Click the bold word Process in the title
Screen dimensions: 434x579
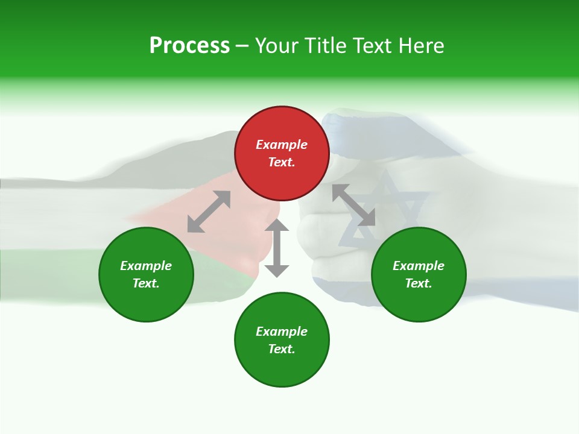coord(189,46)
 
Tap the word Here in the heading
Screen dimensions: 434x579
coord(420,46)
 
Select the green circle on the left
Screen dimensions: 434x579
coord(146,274)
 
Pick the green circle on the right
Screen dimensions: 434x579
coord(419,274)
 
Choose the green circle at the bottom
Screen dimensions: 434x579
coord(282,340)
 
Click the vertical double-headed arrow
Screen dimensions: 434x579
coord(277,248)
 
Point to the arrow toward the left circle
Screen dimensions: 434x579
coord(209,212)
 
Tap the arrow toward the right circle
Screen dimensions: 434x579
coord(353,205)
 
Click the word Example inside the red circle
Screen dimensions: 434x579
coord(282,145)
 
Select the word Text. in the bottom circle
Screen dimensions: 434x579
coord(282,349)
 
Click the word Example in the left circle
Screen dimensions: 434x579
coord(146,266)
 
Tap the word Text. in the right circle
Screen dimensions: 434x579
coord(419,283)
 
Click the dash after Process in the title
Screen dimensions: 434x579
coord(242,46)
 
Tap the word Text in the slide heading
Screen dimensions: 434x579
coord(371,46)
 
